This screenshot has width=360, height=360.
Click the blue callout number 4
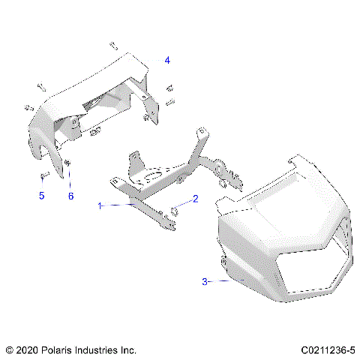point(167,59)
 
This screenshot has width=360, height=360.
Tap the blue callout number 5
point(42,196)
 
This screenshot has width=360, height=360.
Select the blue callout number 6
point(71,196)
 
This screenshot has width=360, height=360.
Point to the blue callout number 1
point(99,204)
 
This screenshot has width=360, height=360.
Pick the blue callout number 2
point(196,199)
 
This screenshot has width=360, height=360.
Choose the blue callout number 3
point(204,281)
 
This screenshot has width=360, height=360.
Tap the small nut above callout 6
point(68,163)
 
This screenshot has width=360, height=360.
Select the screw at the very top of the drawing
point(113,46)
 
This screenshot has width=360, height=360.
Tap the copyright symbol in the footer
point(9,349)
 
